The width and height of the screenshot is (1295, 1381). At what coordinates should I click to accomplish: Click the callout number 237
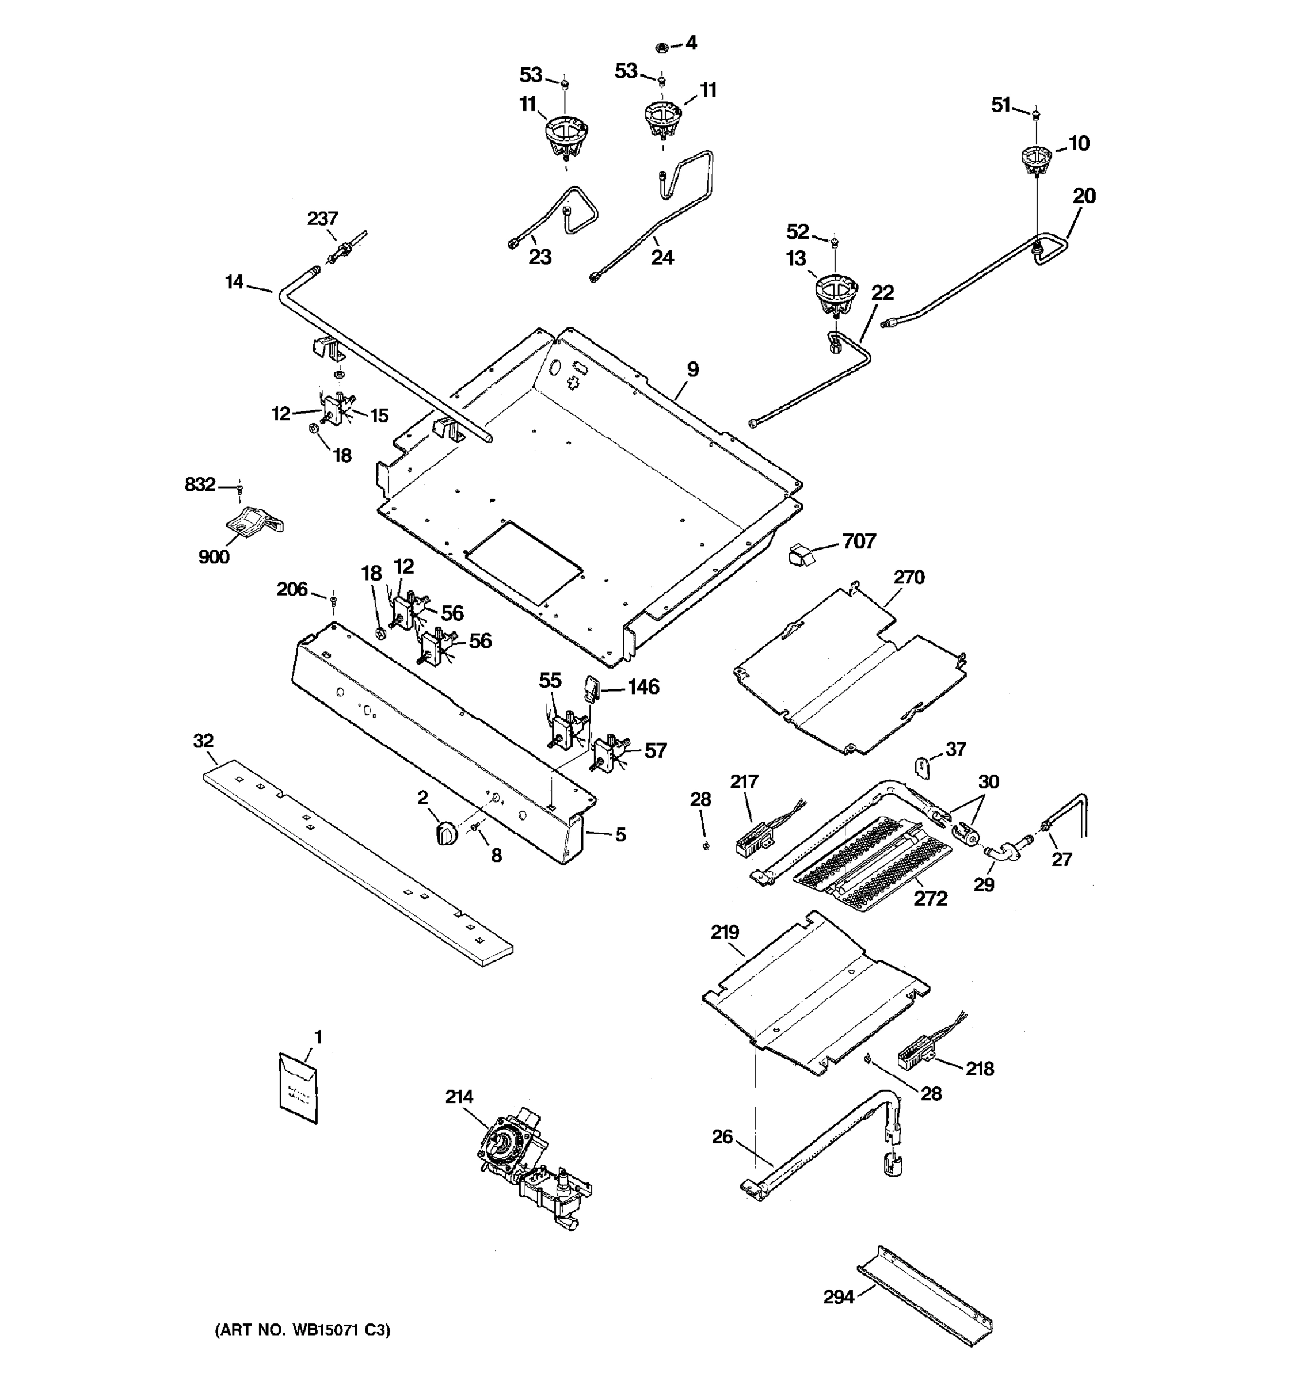(322, 219)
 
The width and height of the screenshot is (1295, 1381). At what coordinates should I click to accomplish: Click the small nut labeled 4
(661, 48)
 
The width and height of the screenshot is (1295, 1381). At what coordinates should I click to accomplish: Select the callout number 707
(859, 541)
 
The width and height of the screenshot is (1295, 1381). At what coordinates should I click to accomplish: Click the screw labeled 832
(239, 490)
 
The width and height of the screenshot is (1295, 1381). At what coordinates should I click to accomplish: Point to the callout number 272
(930, 899)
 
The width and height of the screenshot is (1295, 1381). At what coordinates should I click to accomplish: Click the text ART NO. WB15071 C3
(302, 1330)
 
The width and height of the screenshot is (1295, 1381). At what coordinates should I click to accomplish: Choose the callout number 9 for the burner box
(692, 369)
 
